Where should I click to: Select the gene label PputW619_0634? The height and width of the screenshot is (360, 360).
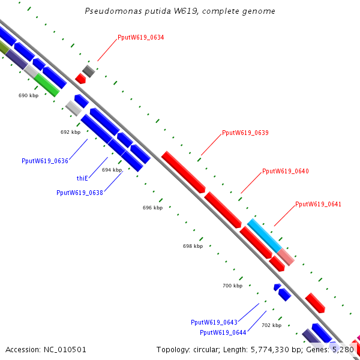click(141, 38)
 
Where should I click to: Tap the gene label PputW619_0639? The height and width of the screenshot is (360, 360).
click(245, 133)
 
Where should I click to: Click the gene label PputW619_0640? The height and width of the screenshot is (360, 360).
click(286, 172)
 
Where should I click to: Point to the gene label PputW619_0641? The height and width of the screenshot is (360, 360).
click(319, 205)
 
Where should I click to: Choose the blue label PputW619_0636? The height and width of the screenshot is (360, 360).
click(45, 161)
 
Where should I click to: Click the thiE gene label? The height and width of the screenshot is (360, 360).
click(82, 178)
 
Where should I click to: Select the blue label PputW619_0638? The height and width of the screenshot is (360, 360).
click(80, 193)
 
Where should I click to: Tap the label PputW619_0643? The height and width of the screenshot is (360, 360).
click(214, 322)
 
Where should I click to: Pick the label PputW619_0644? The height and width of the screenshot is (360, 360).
click(223, 332)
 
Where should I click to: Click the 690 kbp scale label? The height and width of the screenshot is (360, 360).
click(29, 95)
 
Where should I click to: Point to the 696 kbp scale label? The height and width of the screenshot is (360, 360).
click(152, 208)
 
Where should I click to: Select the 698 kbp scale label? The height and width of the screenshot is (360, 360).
click(193, 246)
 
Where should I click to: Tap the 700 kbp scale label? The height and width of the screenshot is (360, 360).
click(232, 286)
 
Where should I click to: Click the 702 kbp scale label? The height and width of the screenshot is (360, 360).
click(272, 325)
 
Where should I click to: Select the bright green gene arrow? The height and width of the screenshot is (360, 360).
click(46, 85)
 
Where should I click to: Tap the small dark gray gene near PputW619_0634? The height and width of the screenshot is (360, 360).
click(89, 71)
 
